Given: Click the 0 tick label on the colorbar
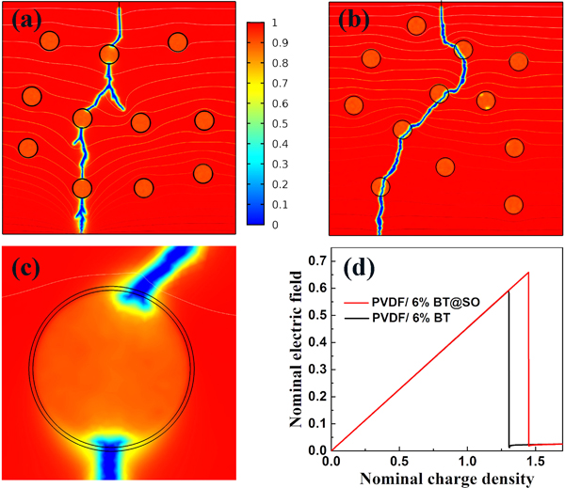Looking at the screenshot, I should pyautogui.click(x=275, y=226).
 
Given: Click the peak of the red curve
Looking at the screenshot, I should pyautogui.click(x=528, y=273).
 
